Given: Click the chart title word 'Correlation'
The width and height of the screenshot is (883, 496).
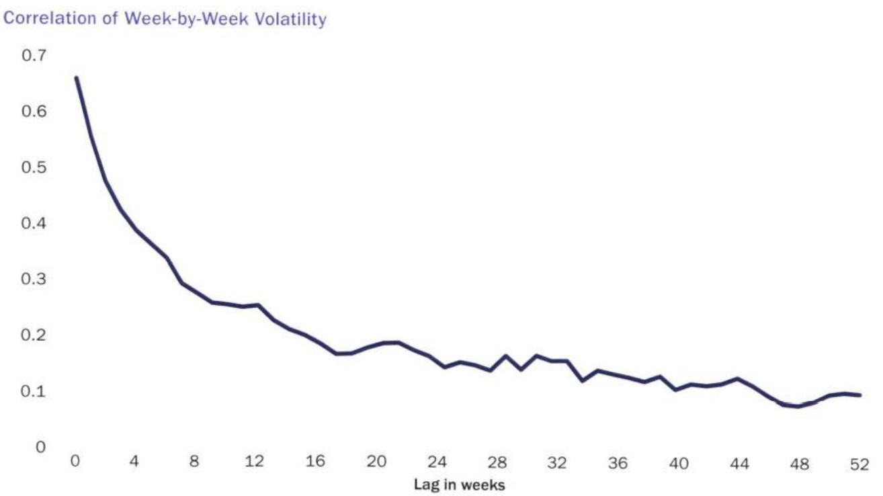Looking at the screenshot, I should pyautogui.click(x=40, y=19).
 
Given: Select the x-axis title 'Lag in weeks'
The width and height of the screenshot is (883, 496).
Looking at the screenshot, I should pyautogui.click(x=459, y=485).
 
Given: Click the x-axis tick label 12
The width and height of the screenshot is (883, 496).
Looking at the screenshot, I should pyautogui.click(x=255, y=463).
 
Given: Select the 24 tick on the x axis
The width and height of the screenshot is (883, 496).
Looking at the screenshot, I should pyautogui.click(x=437, y=463).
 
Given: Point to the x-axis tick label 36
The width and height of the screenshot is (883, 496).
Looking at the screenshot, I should pyautogui.click(x=618, y=463).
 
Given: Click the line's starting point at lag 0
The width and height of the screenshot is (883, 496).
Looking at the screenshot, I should pyautogui.click(x=76, y=78).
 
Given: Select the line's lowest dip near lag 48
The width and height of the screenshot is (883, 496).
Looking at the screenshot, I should pyautogui.click(x=798, y=406).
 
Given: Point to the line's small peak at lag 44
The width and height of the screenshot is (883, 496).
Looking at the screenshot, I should pyautogui.click(x=738, y=378).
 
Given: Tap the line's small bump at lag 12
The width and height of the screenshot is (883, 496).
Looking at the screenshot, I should pyautogui.click(x=258, y=305).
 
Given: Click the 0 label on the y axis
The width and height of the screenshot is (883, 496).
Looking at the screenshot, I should pyautogui.click(x=41, y=446).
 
